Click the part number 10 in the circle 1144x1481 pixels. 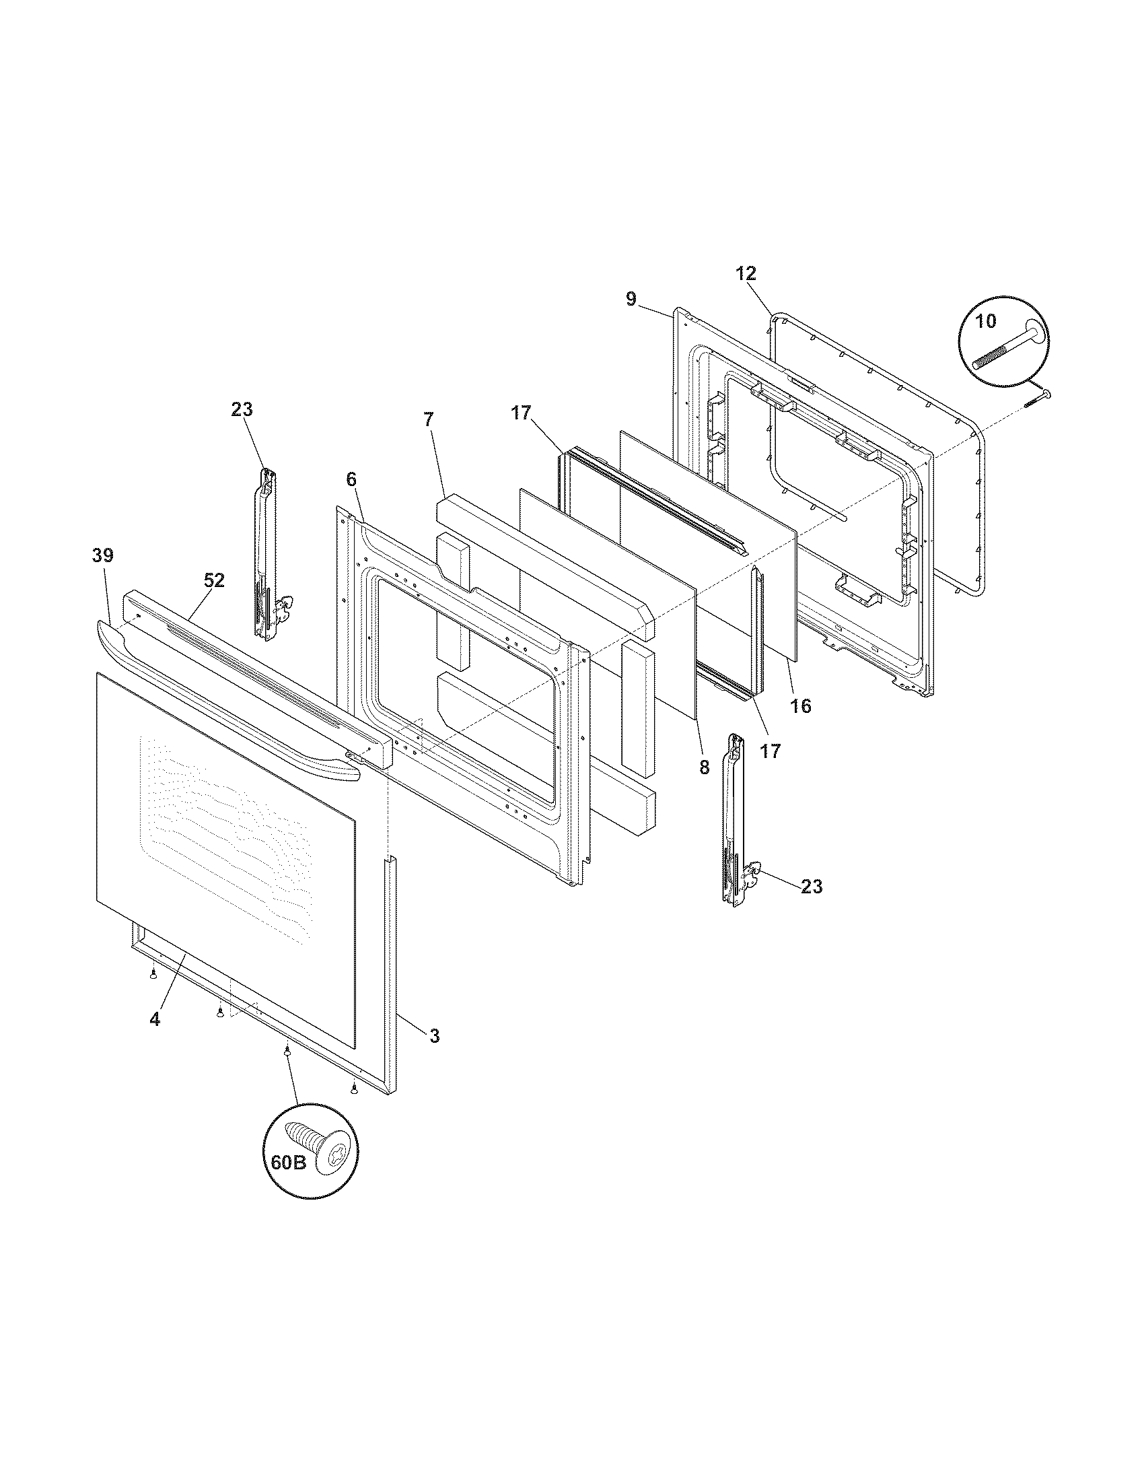click(986, 320)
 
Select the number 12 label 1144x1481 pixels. click(746, 274)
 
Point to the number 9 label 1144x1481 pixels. click(631, 299)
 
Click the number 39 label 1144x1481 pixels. click(103, 555)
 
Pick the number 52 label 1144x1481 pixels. click(214, 580)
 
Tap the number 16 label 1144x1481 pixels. click(800, 706)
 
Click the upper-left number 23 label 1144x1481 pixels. click(242, 409)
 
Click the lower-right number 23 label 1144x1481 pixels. click(812, 887)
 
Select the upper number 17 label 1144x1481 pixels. click(520, 413)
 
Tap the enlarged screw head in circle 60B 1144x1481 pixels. click(330, 1152)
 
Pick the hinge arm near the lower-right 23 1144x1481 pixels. click(735, 817)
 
